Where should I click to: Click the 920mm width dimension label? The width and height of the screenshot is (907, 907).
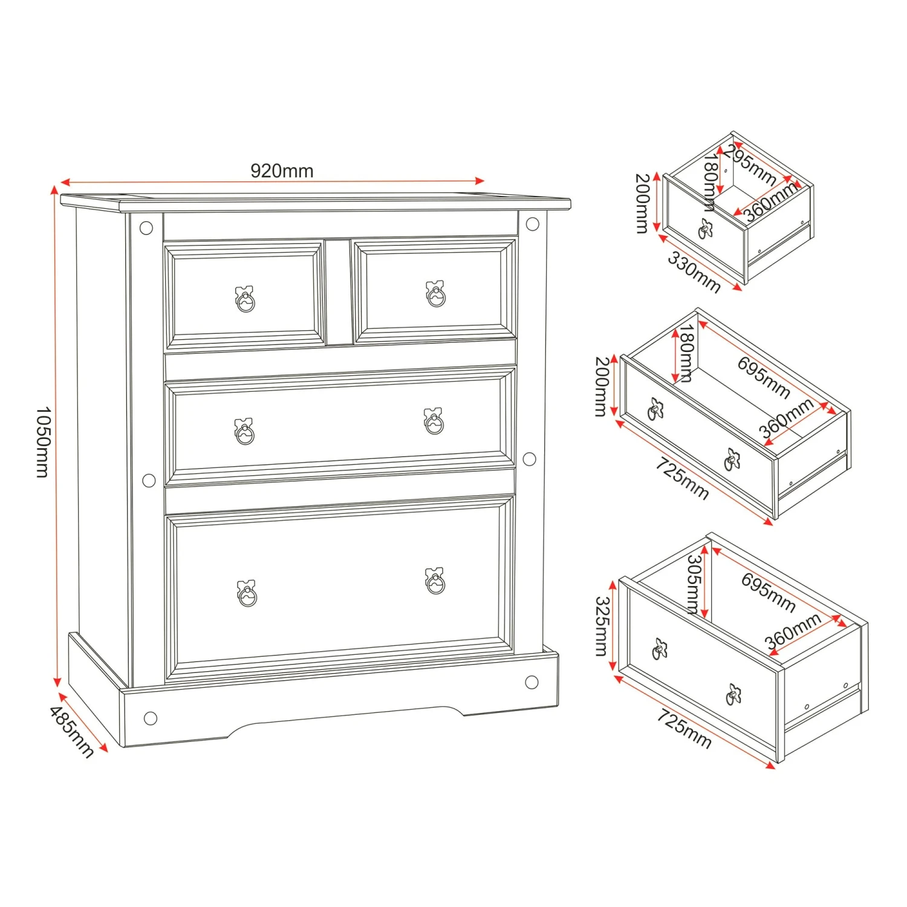click(x=282, y=171)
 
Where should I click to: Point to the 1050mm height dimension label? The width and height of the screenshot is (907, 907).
click(x=43, y=441)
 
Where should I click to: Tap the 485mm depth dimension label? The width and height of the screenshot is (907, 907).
click(x=72, y=732)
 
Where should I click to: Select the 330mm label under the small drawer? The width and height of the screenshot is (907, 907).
click(x=694, y=272)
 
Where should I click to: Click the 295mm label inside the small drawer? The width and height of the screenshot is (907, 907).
click(x=750, y=164)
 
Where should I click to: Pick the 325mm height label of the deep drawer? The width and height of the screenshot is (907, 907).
click(x=602, y=626)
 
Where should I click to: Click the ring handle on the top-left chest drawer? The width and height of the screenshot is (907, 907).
click(x=245, y=299)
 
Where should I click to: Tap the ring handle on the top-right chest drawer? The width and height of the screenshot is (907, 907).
click(x=435, y=294)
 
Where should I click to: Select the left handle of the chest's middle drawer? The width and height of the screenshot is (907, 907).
click(x=244, y=431)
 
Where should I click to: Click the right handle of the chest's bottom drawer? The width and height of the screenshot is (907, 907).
click(x=435, y=581)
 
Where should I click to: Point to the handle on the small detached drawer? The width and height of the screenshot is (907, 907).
click(x=706, y=228)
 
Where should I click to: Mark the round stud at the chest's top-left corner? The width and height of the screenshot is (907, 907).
click(x=146, y=228)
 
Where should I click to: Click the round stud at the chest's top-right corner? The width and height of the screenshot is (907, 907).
click(x=533, y=224)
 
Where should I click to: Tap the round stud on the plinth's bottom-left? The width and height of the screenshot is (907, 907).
click(x=151, y=718)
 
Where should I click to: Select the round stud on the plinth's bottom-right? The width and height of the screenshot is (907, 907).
click(x=532, y=683)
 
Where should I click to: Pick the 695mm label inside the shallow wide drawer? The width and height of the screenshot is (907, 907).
click(x=764, y=377)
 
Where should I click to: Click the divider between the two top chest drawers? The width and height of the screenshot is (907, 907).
click(x=339, y=292)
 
